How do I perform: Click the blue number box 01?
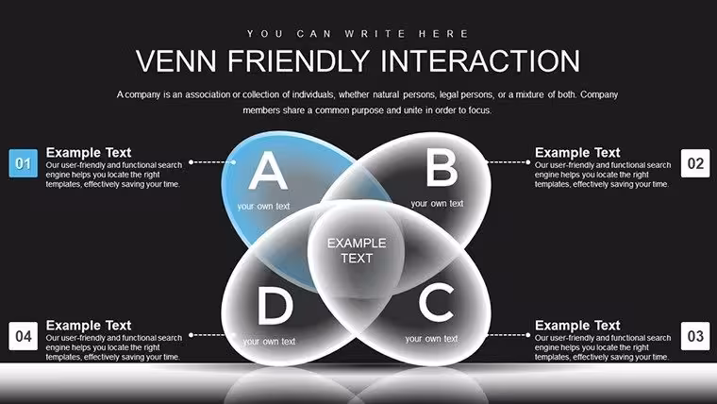coord(24,163)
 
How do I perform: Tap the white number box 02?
coord(695,163)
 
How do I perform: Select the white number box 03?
coord(695,336)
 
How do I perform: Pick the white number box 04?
coord(24,336)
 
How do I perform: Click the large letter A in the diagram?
coord(268,171)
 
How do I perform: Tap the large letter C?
coord(437,302)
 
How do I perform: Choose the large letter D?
coord(275,306)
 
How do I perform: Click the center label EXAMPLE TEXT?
coord(357,251)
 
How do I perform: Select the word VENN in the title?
coord(176,61)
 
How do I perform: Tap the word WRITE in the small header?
coord(375,34)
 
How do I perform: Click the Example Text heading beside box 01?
coord(89,152)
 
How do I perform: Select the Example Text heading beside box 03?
coord(577,326)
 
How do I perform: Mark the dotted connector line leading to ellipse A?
coord(212,162)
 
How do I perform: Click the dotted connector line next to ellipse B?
coord(508,162)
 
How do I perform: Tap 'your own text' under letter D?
coord(269,342)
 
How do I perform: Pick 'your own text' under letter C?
coord(431,339)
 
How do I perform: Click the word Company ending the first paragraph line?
coord(599,94)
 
